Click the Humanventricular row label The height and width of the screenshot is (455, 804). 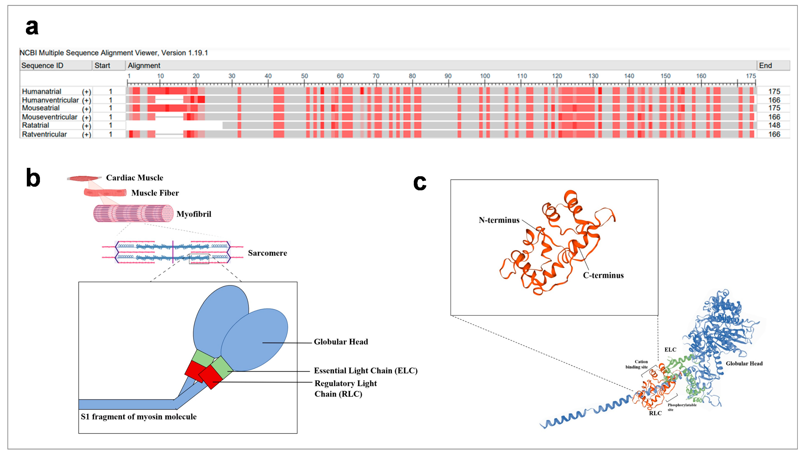pos(50,100)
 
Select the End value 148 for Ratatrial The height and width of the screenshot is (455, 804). pos(774,125)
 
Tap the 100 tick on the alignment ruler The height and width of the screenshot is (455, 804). pos(485,76)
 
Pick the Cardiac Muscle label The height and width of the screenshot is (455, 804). pos(134,178)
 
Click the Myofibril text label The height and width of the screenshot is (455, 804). pos(194,214)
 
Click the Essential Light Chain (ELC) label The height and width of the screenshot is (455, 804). pos(365,371)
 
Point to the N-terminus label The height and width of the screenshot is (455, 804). pos(499,220)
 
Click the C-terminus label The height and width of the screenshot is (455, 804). pos(603,275)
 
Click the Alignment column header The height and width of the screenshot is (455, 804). pos(144,66)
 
